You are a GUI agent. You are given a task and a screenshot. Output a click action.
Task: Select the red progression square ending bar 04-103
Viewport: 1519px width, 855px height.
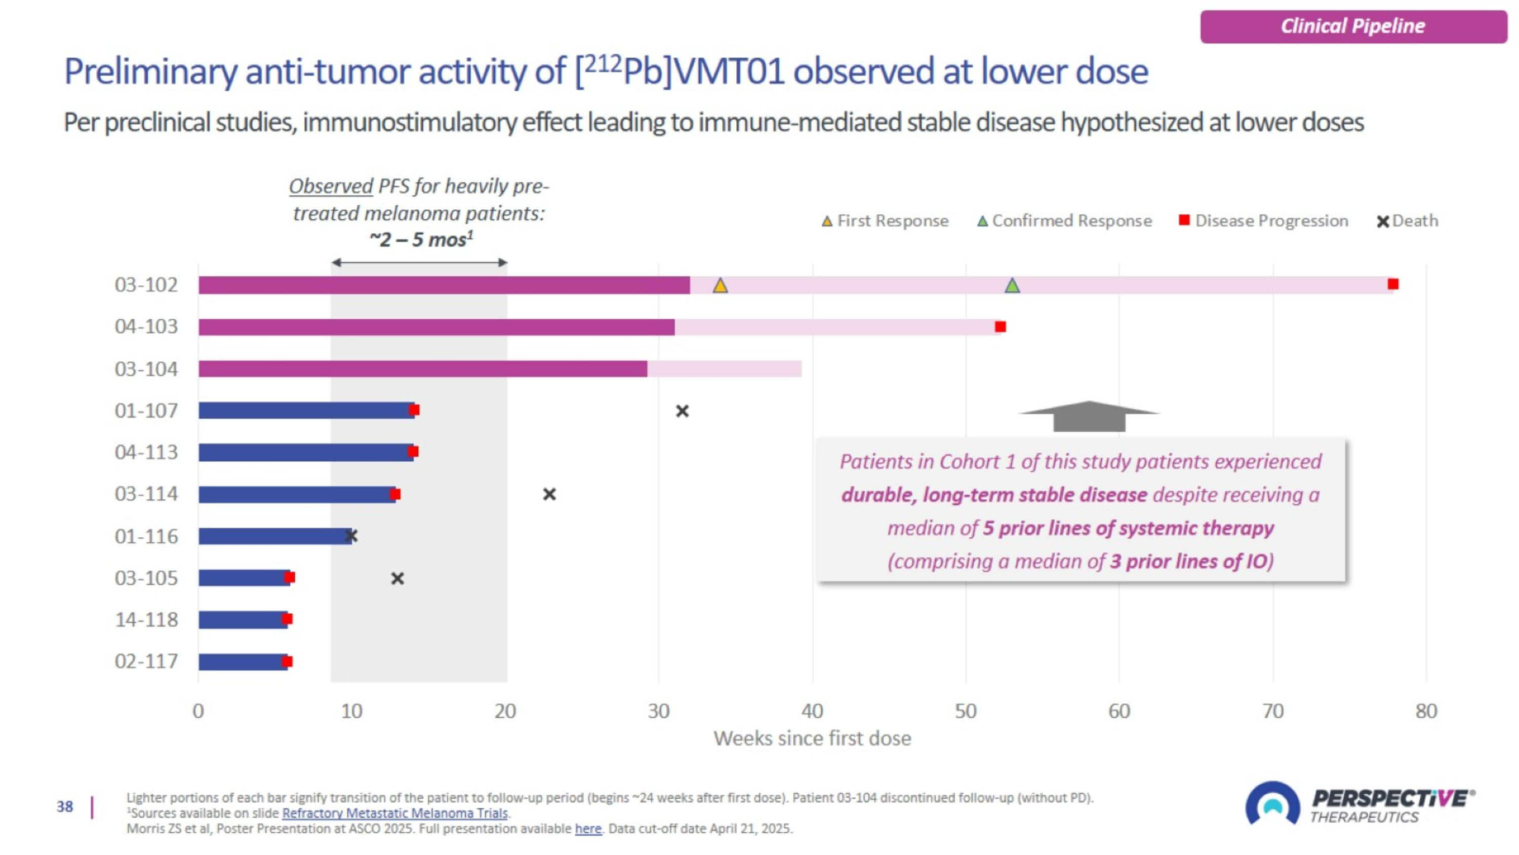(x=1000, y=327)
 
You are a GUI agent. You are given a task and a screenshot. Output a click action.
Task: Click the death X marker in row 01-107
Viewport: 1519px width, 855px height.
(x=682, y=411)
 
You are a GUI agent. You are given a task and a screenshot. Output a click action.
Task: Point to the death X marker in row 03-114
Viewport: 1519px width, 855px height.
(x=549, y=494)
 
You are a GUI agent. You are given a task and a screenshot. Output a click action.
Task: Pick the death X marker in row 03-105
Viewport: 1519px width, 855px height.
(x=397, y=578)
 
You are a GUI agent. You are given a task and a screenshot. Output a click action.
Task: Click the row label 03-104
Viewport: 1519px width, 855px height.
(x=146, y=369)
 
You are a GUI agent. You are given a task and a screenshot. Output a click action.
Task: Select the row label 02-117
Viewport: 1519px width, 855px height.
(x=146, y=661)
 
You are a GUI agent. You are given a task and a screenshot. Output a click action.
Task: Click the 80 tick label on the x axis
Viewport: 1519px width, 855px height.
(x=1426, y=711)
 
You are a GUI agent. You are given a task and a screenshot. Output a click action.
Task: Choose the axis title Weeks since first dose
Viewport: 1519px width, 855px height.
(x=812, y=738)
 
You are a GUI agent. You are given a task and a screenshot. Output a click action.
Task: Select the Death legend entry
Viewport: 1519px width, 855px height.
(x=1408, y=220)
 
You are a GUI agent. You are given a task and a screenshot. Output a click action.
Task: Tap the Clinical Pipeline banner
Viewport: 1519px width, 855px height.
(x=1353, y=26)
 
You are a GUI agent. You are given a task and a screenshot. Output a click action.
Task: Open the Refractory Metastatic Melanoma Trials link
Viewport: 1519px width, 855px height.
(x=394, y=813)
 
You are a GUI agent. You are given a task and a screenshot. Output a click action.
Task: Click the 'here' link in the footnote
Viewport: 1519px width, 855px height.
(x=588, y=829)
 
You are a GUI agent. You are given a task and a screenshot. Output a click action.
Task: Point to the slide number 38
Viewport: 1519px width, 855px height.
(x=65, y=807)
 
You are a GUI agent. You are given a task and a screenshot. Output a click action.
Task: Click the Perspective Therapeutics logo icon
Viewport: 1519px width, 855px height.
(x=1272, y=804)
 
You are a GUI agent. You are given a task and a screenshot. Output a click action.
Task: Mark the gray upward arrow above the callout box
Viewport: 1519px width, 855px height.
(x=1089, y=416)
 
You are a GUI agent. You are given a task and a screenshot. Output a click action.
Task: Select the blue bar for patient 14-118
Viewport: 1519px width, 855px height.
(x=243, y=619)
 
